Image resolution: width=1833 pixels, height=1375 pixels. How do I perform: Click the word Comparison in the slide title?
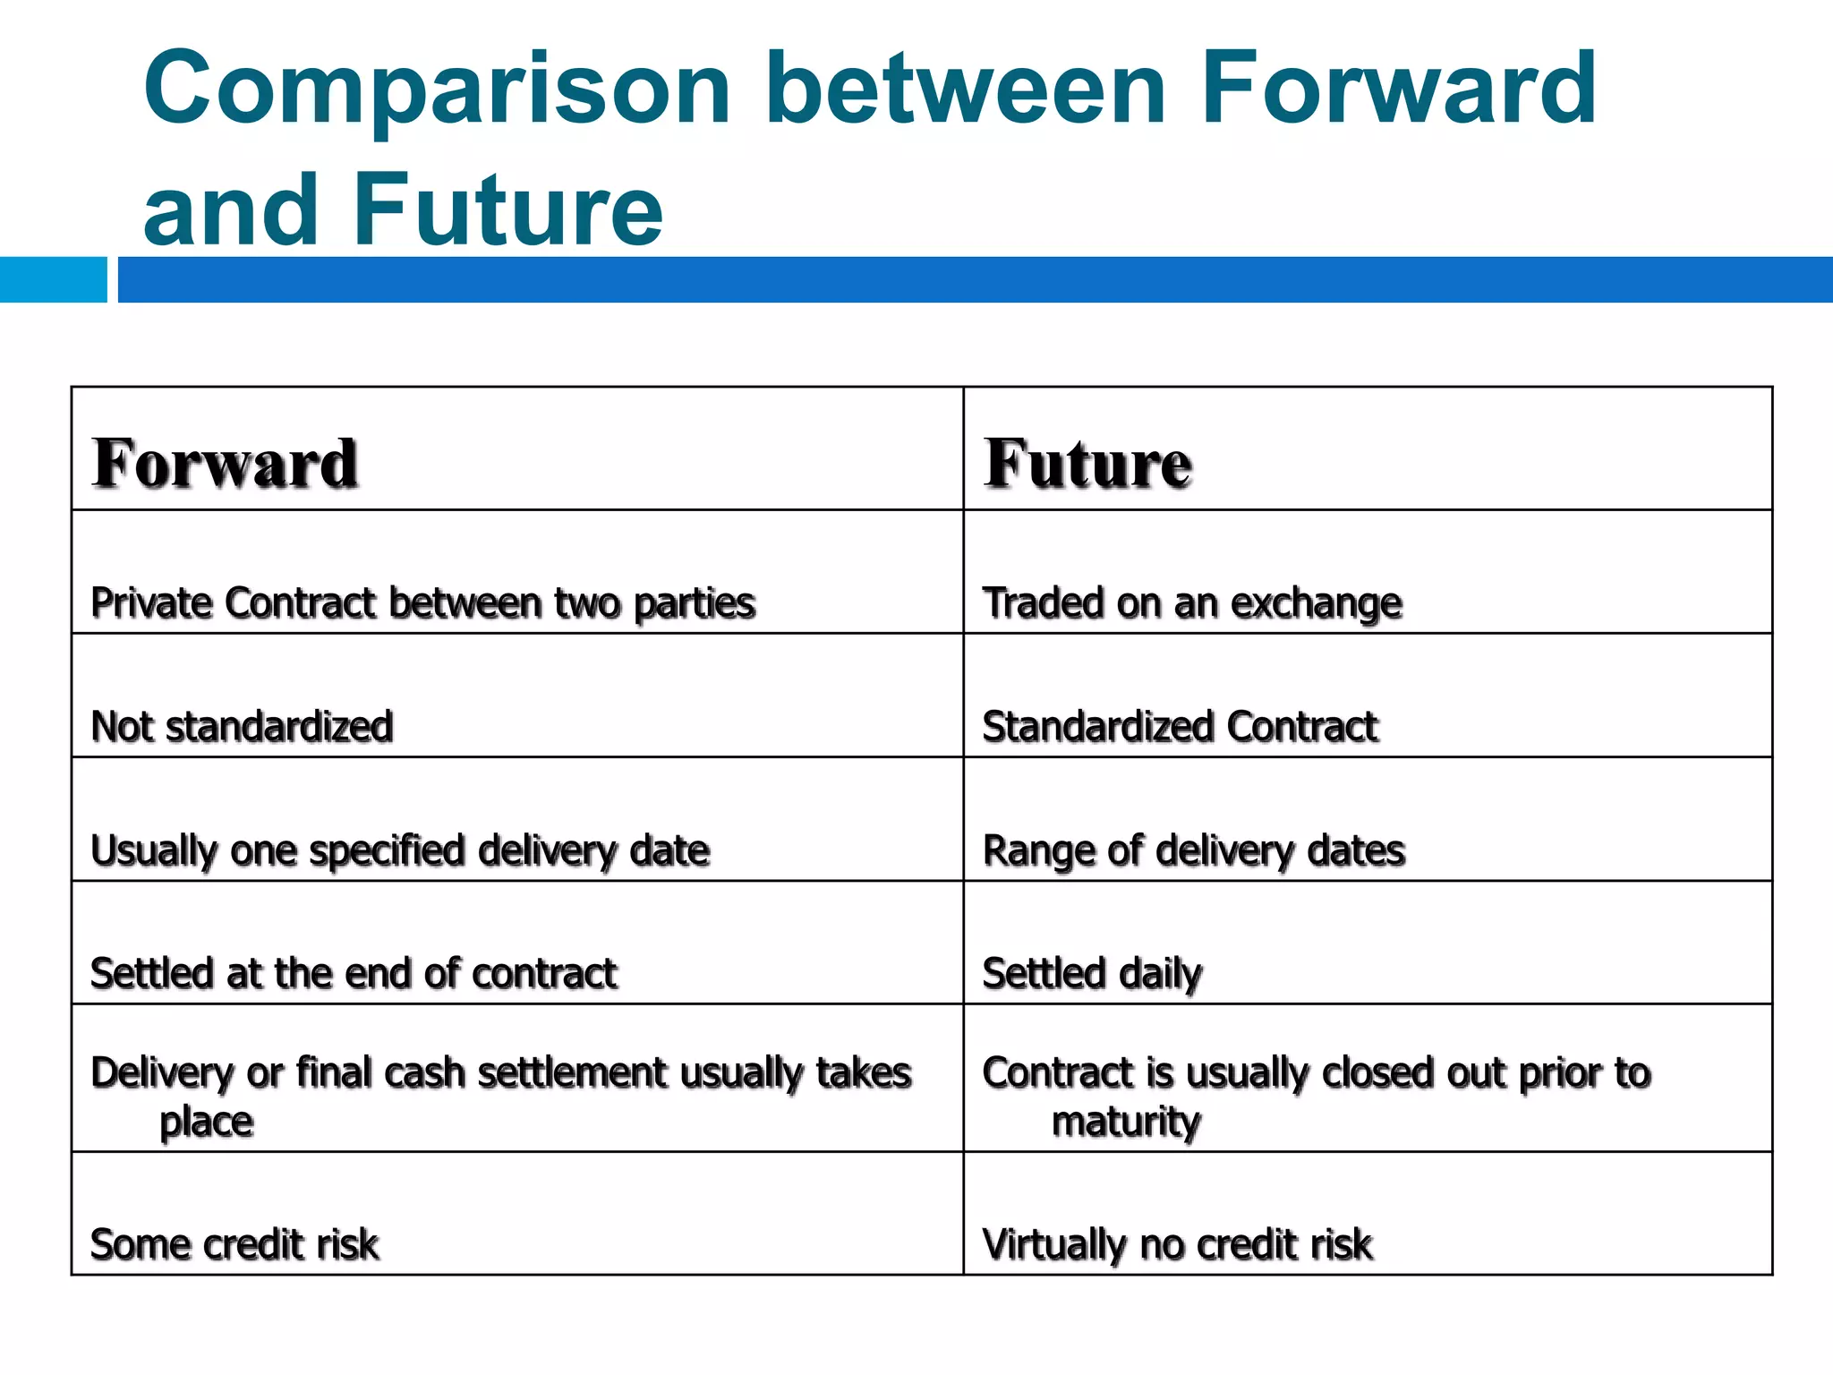tap(437, 90)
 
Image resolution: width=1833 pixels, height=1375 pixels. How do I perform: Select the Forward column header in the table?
tap(226, 463)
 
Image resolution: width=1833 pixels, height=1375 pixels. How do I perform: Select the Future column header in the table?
tap(1087, 463)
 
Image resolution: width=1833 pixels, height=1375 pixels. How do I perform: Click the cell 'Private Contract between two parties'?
tap(422, 602)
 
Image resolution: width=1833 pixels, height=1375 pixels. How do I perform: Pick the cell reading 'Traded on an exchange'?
tap(1192, 602)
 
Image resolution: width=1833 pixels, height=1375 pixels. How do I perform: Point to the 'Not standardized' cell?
tap(242, 726)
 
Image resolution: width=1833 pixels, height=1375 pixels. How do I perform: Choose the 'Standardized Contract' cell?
tap(1180, 726)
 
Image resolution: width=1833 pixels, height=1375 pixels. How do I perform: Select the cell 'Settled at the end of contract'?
tap(354, 973)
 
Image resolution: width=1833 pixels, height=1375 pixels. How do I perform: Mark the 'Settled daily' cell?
tap(1092, 973)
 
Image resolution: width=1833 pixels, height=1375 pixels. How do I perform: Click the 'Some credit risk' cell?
tap(234, 1244)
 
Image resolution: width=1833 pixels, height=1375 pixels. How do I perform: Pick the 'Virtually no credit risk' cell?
tap(1178, 1244)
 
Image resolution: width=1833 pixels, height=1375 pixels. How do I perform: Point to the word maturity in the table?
tap(1126, 1122)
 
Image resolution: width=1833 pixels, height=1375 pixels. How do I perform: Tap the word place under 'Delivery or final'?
tap(206, 1122)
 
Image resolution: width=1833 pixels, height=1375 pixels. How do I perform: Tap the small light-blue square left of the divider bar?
tap(53, 279)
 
